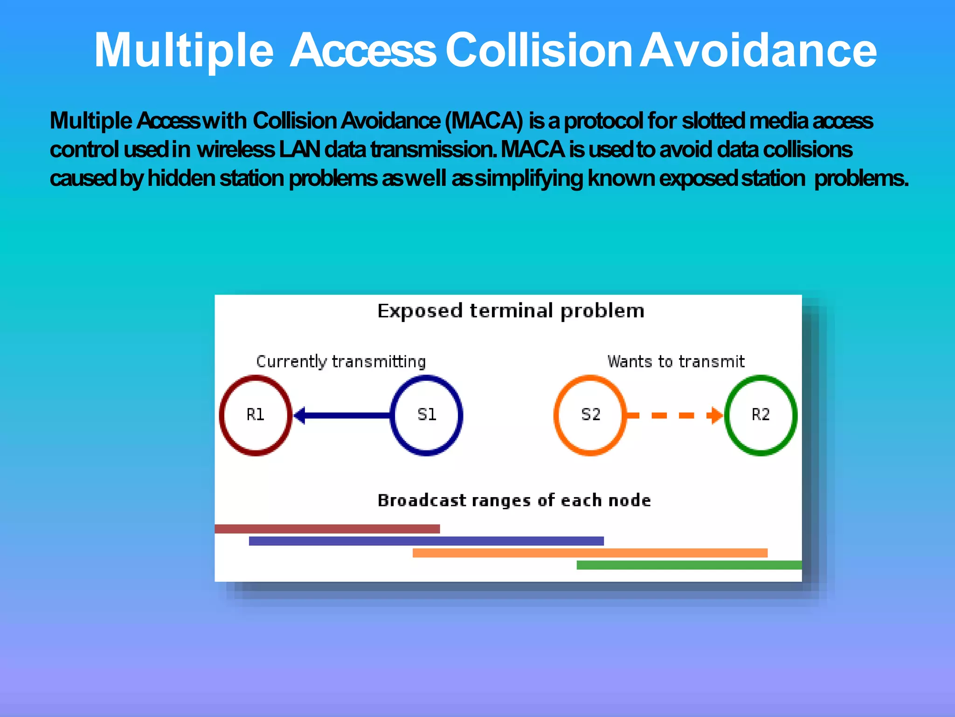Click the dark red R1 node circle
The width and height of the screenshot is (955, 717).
click(x=256, y=415)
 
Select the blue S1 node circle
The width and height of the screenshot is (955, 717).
click(x=426, y=415)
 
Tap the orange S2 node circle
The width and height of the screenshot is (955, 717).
click(x=590, y=415)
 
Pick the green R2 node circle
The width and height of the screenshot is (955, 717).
click(x=761, y=415)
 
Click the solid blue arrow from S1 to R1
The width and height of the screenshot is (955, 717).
click(x=343, y=415)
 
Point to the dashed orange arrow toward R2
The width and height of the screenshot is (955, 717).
click(x=674, y=415)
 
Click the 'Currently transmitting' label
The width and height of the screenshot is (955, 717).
click(x=341, y=362)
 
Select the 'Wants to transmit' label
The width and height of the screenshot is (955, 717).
click(x=676, y=362)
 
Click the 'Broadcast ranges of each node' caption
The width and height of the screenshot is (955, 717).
click(x=514, y=500)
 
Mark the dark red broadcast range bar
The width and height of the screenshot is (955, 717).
click(x=327, y=529)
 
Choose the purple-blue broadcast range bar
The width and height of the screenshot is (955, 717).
click(x=426, y=541)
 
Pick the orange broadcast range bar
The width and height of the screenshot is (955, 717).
click(x=590, y=553)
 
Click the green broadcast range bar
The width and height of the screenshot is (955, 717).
click(x=689, y=565)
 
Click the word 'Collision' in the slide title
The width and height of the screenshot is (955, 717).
click(x=538, y=50)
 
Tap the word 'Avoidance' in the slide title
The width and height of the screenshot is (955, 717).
click(x=758, y=50)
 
